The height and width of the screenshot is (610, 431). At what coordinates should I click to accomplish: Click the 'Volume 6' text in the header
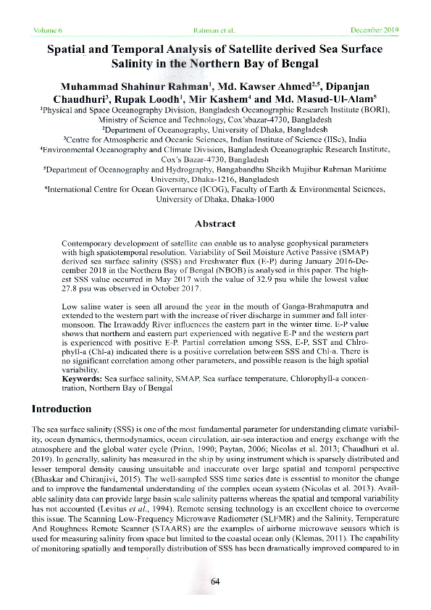coord(49,30)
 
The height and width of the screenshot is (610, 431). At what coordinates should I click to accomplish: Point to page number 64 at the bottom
coord(215,582)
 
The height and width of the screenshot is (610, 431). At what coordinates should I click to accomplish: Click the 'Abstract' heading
coord(215,225)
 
